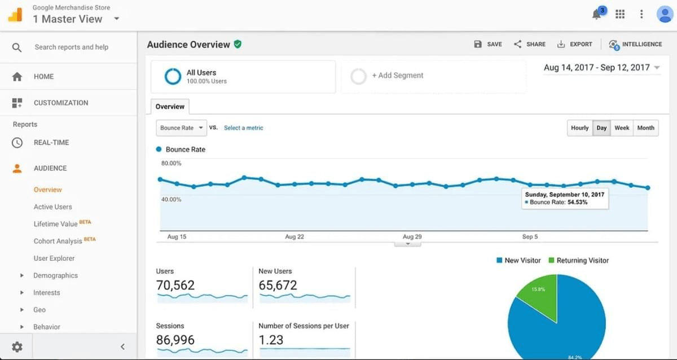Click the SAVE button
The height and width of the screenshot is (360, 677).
488,44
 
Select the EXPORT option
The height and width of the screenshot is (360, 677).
574,44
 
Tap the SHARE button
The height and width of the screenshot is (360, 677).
529,44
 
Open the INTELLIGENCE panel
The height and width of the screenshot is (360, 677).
635,44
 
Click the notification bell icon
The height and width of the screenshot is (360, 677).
597,15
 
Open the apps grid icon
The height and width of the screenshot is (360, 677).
620,15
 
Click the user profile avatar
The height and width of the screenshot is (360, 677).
665,15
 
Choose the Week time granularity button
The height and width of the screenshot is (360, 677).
622,128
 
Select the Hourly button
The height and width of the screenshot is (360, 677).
579,128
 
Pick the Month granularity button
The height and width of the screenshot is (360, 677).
645,128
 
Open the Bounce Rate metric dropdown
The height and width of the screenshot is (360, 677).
181,128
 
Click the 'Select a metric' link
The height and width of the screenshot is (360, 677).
243,128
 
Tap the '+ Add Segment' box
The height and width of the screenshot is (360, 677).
433,76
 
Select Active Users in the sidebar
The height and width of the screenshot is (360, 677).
52,207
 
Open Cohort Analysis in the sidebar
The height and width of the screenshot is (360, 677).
58,241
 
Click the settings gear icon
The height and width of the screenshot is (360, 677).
17,346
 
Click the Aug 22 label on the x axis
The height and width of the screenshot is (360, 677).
294,237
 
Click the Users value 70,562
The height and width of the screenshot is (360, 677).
175,286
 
